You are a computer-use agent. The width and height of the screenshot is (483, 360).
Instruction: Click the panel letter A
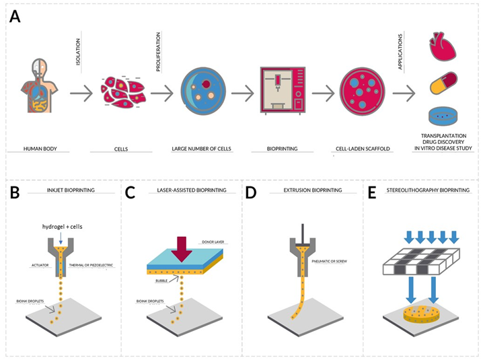pos(15,17)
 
